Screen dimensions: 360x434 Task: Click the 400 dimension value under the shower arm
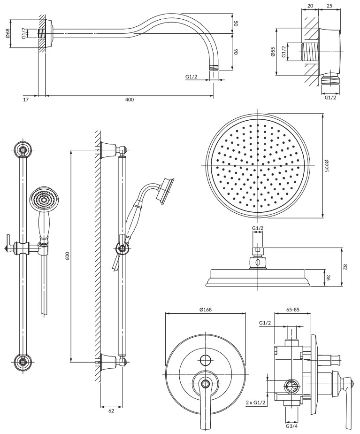click(x=130, y=100)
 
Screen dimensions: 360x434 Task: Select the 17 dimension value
click(x=25, y=100)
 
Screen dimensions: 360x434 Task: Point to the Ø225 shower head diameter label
click(x=327, y=165)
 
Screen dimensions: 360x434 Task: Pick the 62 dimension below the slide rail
click(x=111, y=411)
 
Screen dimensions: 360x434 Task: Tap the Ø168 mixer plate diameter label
click(x=206, y=310)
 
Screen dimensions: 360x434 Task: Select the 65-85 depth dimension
click(x=292, y=310)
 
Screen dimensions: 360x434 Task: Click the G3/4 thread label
click(x=291, y=426)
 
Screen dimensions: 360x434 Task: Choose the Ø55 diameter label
click(x=273, y=52)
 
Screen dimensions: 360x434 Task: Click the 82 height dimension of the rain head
click(x=345, y=267)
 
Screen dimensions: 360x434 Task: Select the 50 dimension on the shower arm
click(x=236, y=23)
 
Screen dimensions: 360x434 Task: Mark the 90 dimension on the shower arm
click(x=236, y=52)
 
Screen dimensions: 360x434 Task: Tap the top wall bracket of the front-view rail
click(x=23, y=150)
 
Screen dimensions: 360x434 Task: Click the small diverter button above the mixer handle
click(x=205, y=360)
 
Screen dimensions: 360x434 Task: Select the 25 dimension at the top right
click(x=329, y=6)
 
